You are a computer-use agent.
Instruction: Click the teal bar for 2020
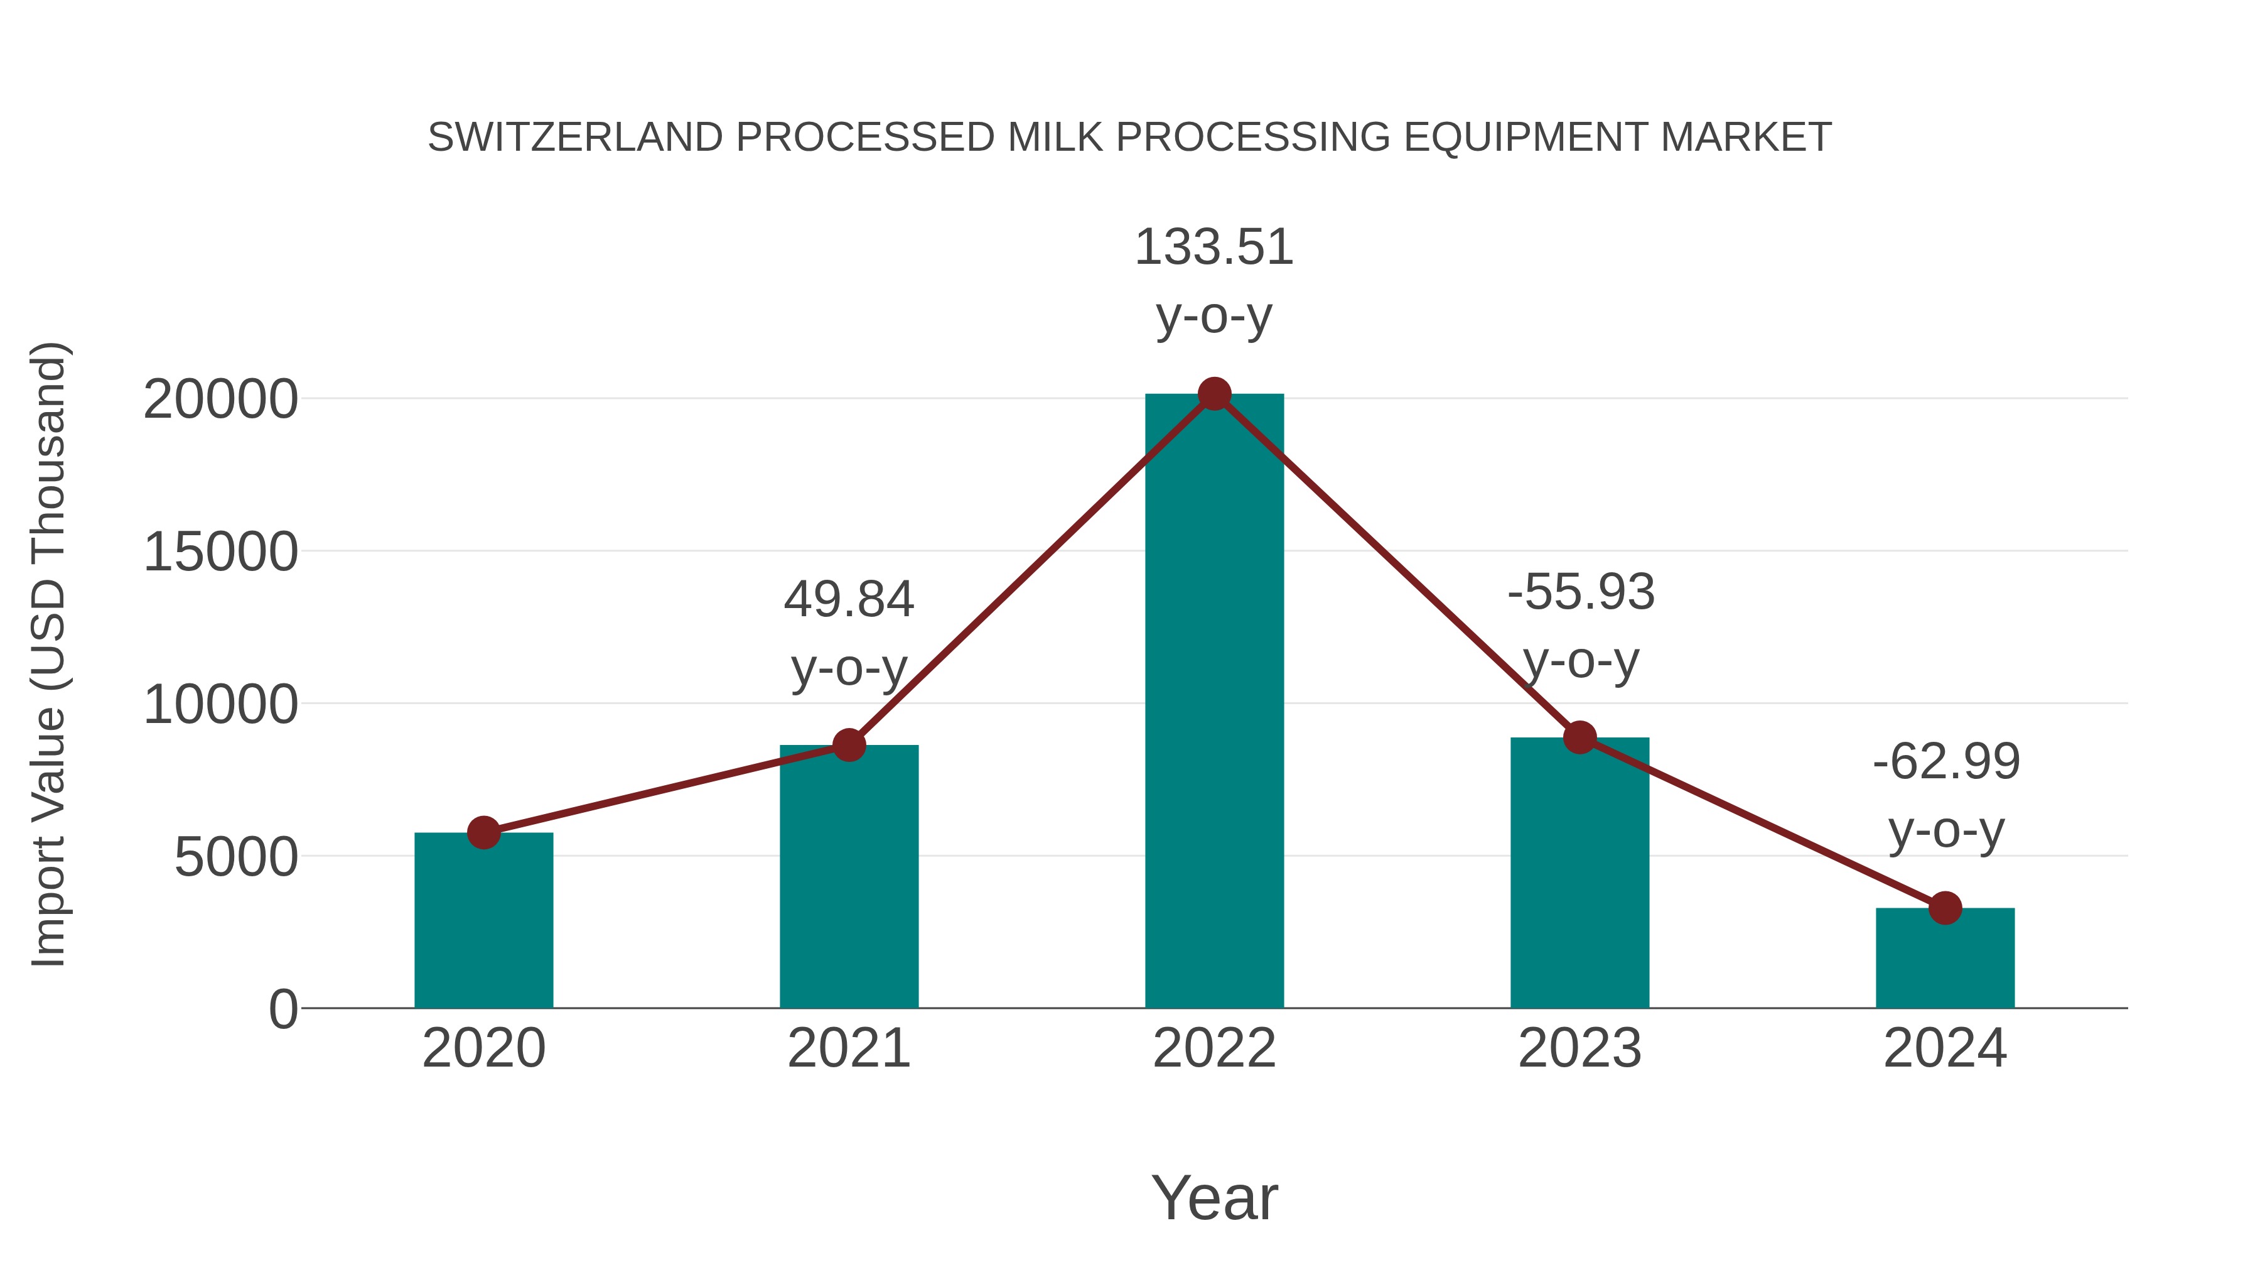(483, 921)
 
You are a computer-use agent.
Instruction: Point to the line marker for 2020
(483, 832)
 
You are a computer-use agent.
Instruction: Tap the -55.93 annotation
(1581, 592)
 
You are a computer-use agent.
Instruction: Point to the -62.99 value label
(1946, 762)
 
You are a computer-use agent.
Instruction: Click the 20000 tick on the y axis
(220, 400)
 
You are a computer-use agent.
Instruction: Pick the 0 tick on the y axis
(282, 1009)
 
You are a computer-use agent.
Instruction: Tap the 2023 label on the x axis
(1579, 1048)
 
